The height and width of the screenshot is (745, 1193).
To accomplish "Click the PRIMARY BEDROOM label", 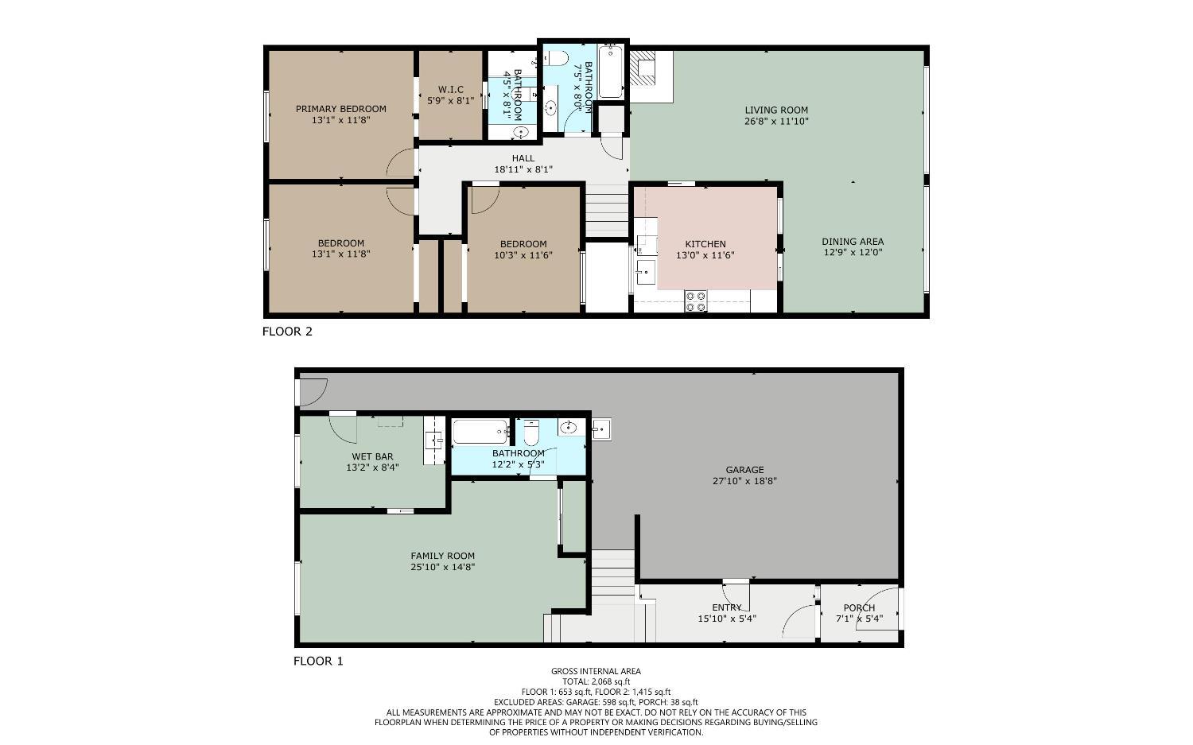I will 340,109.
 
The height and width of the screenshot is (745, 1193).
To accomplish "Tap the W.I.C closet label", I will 450,90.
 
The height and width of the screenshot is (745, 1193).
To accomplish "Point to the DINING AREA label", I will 853,242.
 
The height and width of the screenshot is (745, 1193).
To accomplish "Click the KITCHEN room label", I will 705,244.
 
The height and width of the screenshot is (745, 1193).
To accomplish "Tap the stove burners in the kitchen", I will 696,301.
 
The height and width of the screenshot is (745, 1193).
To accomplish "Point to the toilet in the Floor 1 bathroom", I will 531,433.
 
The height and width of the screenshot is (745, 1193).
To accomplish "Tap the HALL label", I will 523,158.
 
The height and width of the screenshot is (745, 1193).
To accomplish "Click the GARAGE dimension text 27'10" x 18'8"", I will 744,481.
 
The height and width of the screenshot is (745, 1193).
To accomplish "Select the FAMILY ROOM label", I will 443,557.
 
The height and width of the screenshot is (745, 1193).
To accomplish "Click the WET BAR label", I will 372,456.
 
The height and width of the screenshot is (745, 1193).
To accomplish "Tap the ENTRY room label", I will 727,607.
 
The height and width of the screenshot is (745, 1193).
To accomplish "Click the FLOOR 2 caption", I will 287,332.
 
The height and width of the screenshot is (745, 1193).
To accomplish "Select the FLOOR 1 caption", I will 318,661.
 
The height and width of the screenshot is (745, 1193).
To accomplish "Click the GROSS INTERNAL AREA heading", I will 596,671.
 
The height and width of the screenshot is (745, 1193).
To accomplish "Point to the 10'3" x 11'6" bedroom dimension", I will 523,255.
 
